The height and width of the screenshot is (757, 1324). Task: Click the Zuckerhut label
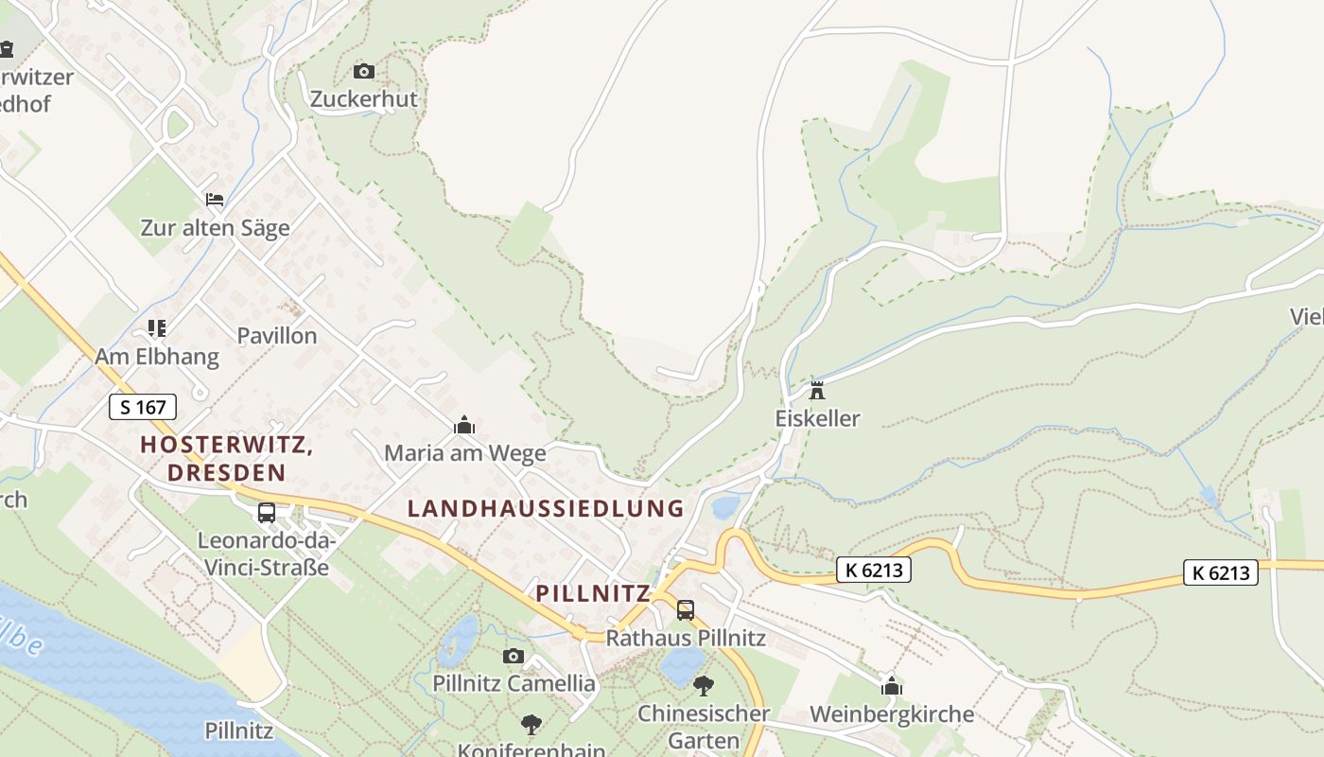(364, 99)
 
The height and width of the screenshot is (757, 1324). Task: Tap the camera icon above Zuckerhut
(363, 71)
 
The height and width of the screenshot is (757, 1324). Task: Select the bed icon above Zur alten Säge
(215, 200)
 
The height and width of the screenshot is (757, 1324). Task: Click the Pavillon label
(277, 336)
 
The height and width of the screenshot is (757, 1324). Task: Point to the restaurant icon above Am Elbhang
(157, 328)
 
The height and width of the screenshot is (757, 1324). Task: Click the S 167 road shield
(143, 407)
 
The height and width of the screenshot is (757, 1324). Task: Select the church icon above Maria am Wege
(464, 426)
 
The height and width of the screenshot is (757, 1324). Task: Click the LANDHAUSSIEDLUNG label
(546, 508)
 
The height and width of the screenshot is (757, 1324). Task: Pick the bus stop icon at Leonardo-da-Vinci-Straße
(267, 513)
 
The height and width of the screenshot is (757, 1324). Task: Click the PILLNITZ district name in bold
(593, 593)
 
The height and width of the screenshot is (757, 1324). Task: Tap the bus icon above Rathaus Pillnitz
(686, 610)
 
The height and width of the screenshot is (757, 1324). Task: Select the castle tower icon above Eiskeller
(817, 390)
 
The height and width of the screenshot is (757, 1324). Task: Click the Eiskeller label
(817, 418)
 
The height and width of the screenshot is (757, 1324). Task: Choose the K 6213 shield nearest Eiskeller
(873, 570)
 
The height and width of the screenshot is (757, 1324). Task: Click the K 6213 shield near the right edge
(1220, 572)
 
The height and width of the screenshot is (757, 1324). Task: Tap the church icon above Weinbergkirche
(891, 686)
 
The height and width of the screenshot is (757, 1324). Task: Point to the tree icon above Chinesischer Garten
(703, 685)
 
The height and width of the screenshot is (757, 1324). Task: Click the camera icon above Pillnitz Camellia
(514, 656)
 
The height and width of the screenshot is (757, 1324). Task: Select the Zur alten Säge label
(215, 228)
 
